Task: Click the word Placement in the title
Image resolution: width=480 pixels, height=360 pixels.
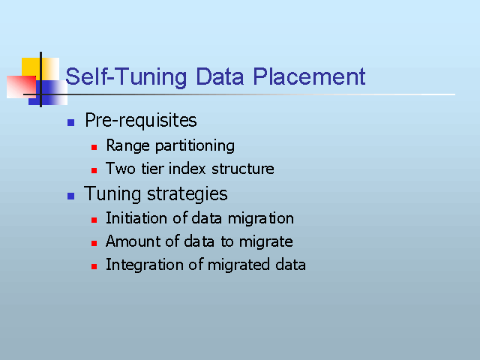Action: [309, 76]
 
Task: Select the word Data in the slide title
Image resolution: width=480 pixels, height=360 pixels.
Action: [220, 76]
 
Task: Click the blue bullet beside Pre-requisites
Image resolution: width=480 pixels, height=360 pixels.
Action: [70, 122]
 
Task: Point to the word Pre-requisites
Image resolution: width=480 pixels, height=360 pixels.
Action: [141, 120]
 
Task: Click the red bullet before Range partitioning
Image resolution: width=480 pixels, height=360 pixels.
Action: [94, 148]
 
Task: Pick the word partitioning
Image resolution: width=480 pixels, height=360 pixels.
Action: [195, 146]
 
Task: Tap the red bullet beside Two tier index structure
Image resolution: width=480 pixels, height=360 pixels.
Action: [94, 170]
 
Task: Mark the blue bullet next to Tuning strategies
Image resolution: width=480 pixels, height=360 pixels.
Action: [70, 196]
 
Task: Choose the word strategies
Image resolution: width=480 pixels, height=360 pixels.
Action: [187, 194]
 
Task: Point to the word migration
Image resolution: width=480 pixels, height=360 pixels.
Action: [261, 219]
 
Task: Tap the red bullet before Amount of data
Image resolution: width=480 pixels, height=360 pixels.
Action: [94, 243]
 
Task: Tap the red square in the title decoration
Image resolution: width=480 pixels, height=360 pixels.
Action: [22, 87]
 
